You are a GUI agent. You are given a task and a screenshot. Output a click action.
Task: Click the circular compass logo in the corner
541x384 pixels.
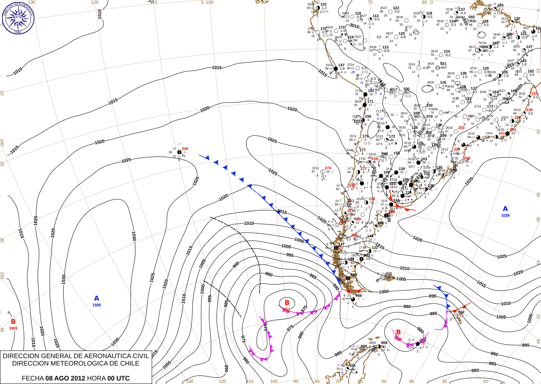click(x=18, y=18)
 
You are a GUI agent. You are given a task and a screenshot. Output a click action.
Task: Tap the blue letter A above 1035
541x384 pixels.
click(x=97, y=299)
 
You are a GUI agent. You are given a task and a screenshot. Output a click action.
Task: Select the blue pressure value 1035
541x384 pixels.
click(x=97, y=305)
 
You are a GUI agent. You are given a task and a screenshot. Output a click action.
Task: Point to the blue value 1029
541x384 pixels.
click(x=505, y=215)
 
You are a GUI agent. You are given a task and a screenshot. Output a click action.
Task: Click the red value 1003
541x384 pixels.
click(x=13, y=328)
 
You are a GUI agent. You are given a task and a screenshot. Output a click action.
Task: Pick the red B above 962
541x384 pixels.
click(x=287, y=303)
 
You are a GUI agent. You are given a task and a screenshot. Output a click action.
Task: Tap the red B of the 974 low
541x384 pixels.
click(x=398, y=332)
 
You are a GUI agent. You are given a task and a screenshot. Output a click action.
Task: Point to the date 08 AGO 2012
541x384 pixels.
click(x=65, y=378)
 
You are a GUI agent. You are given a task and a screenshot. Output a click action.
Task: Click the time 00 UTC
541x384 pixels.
click(x=116, y=378)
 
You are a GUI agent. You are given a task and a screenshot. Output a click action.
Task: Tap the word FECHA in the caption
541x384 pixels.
click(x=33, y=378)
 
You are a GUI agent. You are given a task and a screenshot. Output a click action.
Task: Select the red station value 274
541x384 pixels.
click(x=328, y=168)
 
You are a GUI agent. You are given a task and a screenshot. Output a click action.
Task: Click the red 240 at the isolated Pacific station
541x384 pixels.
click(x=185, y=149)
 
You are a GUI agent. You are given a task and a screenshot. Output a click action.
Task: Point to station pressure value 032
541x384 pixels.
click(x=388, y=274)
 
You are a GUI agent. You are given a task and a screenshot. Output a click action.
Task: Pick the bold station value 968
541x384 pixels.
click(x=358, y=295)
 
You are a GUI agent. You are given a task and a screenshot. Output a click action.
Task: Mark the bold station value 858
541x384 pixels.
click(x=384, y=343)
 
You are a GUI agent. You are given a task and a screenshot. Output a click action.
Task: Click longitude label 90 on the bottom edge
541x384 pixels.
click(x=296, y=381)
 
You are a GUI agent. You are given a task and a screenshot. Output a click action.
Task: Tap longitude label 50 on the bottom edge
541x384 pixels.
click(x=384, y=381)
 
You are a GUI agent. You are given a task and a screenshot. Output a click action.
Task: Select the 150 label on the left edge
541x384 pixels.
click(x=2, y=276)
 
